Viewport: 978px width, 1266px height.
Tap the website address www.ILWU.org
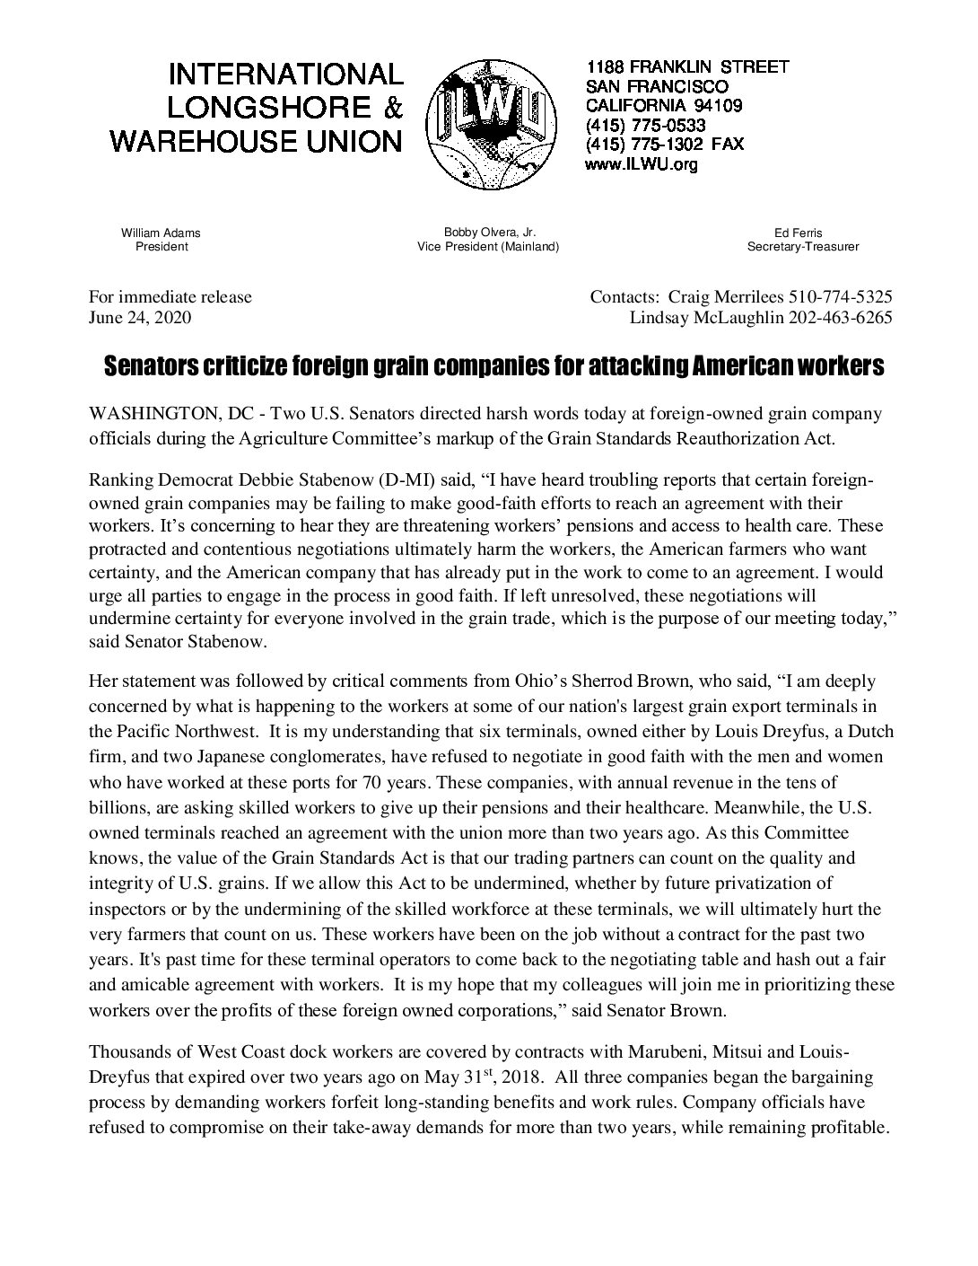(641, 164)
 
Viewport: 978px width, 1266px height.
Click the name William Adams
(162, 233)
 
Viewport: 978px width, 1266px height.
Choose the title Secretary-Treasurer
(803, 247)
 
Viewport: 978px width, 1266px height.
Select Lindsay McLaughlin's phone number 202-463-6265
(840, 318)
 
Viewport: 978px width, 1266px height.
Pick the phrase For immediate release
(170, 296)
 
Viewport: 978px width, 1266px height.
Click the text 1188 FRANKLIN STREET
(687, 66)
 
